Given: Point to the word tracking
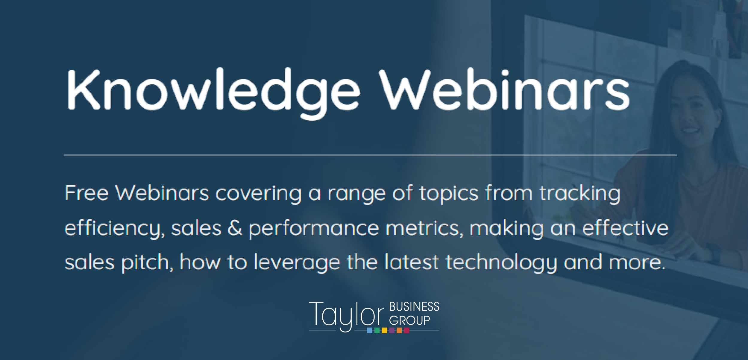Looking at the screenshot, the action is [580, 194].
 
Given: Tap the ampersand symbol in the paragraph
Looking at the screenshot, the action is [235, 228].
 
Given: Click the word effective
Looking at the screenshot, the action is [625, 228].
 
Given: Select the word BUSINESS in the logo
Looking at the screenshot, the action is [414, 307].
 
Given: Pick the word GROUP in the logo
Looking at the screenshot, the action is [409, 320].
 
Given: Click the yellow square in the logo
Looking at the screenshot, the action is [384, 330].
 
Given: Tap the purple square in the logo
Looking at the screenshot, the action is [392, 330].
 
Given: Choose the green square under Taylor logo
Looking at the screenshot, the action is [377, 330].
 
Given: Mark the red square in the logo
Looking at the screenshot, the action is [406, 330].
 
